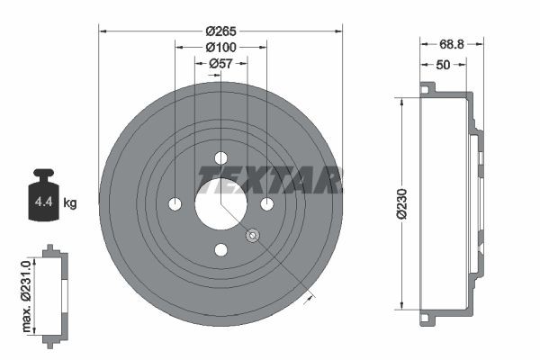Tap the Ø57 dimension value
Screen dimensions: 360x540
[x=220, y=63]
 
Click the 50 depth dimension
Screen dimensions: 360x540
[x=443, y=65]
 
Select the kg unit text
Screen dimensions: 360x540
[x=70, y=202]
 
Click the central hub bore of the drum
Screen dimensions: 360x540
[x=220, y=202]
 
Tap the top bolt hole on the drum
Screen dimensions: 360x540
[x=220, y=158]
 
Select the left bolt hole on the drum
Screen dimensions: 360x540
[x=175, y=203]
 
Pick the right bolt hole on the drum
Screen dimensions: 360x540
[x=266, y=203]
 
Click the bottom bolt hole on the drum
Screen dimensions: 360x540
[x=220, y=249]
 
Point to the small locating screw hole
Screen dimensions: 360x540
[x=253, y=236]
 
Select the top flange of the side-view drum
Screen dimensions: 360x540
[x=427, y=88]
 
